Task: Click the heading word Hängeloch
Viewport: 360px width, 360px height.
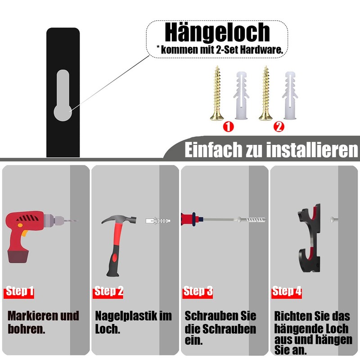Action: point(217,32)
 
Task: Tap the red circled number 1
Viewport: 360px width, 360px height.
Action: point(228,127)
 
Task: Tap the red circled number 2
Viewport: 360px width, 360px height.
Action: point(279,127)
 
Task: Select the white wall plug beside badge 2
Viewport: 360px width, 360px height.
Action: point(290,95)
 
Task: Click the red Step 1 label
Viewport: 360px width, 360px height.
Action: point(19,292)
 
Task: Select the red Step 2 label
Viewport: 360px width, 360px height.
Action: point(108,292)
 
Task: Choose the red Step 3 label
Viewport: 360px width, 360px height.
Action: point(198,292)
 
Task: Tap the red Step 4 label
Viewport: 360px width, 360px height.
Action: point(287,292)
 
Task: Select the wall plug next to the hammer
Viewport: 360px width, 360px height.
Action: point(158,221)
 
